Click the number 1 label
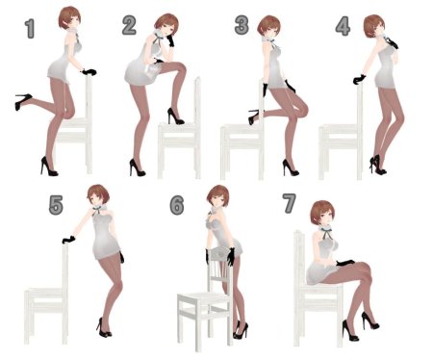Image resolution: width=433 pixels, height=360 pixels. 30,29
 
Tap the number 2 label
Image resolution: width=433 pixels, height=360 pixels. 129,25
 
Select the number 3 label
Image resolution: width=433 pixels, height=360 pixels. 242,25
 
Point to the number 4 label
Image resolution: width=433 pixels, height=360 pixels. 343,26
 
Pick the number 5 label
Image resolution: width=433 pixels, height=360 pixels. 56,205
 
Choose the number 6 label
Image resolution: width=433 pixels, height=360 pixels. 177,205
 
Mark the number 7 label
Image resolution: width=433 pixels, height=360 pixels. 289,203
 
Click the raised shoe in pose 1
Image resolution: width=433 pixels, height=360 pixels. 23,101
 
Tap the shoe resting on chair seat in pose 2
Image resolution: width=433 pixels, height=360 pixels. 175,116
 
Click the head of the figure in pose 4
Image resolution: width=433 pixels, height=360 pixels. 374,26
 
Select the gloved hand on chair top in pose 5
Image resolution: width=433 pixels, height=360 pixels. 68,240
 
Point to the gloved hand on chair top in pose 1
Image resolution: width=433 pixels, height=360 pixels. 89,72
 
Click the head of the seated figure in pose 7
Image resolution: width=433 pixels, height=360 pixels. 322,214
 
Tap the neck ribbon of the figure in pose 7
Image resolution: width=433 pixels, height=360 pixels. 326,234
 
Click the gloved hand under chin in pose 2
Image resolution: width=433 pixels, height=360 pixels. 170,40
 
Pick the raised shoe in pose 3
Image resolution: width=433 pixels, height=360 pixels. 253,116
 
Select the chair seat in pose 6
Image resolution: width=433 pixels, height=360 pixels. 204,298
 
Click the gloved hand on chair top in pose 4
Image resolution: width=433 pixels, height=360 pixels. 359,79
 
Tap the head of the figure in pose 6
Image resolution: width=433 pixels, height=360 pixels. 217,195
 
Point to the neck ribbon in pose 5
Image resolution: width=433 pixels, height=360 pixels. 98,210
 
